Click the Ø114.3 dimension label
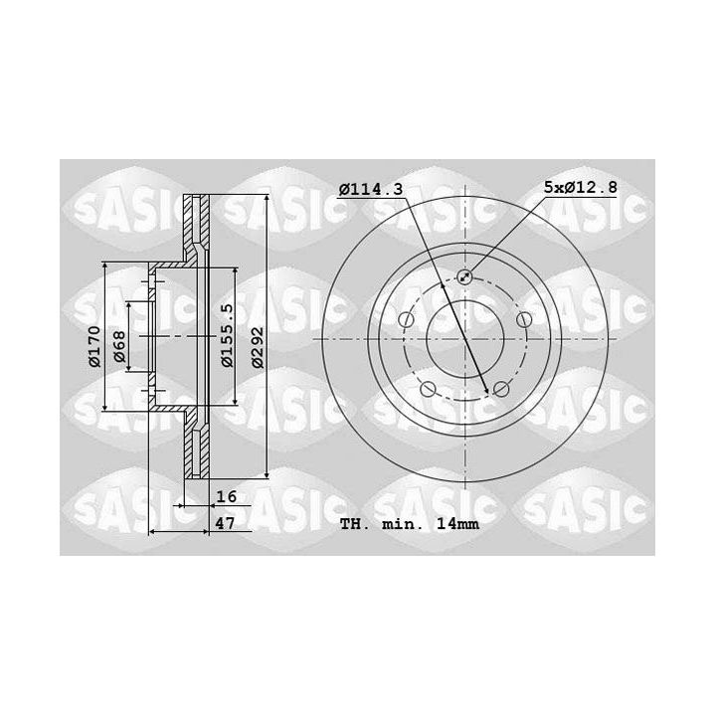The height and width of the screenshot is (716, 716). coord(371,189)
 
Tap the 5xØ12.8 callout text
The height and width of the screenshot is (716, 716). coord(581,187)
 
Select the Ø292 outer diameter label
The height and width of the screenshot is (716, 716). coord(258,347)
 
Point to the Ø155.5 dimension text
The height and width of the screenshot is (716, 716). coord(227,335)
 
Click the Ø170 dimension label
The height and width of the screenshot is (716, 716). coord(94,346)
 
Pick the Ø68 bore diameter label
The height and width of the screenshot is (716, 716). coord(119,346)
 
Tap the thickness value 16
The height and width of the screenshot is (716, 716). coord(227,496)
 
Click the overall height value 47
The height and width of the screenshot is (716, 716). coord(225,523)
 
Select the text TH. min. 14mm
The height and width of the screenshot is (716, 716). coord(410,524)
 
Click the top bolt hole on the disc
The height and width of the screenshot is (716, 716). coord(464,275)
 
